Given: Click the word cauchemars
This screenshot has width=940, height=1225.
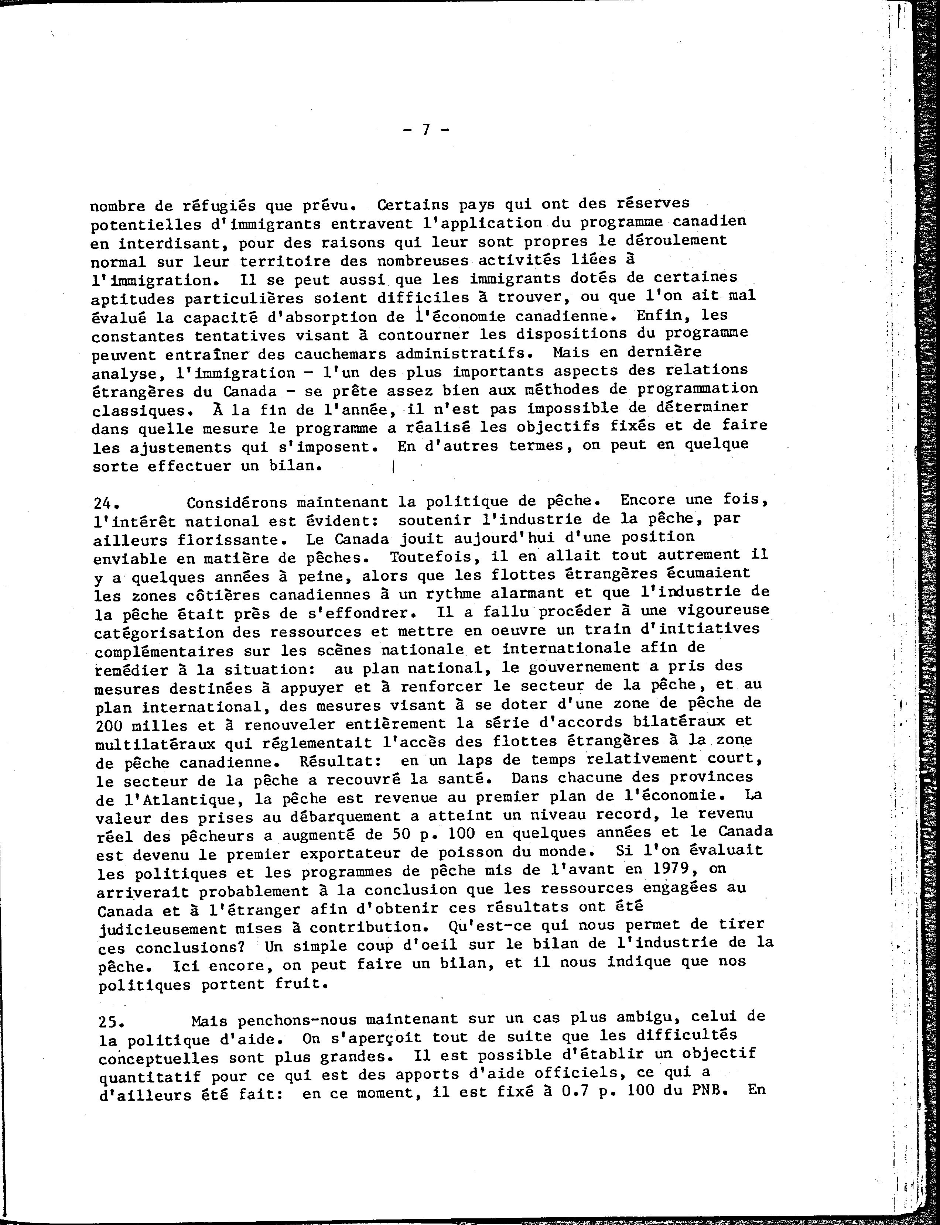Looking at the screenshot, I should coord(346,354).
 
